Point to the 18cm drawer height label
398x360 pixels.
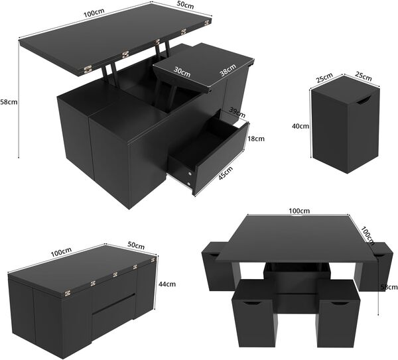point(256,139)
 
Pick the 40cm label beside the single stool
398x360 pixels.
point(302,125)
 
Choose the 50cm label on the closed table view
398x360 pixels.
point(135,245)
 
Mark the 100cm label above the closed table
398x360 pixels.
point(61,253)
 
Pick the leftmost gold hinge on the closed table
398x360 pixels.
point(66,290)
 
